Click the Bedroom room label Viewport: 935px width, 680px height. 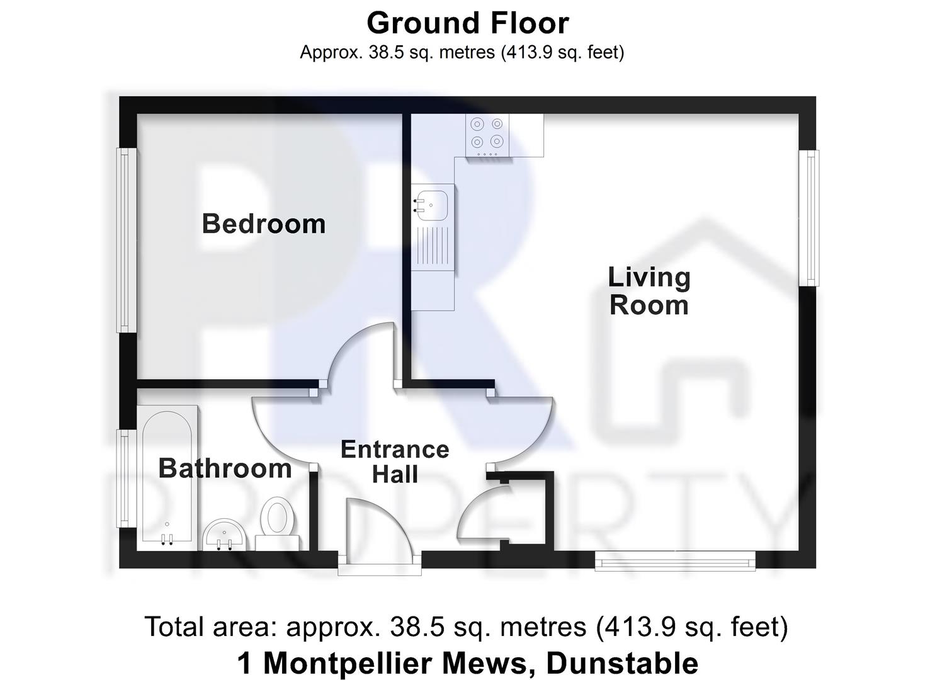coord(263,224)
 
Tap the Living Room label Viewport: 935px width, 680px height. coord(649,291)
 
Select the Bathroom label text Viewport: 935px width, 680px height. coord(225,468)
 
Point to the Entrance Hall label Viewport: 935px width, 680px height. coord(395,462)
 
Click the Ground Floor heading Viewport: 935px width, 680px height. coord(467,24)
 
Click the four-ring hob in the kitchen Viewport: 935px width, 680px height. coord(487,134)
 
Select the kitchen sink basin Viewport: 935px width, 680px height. coord(432,203)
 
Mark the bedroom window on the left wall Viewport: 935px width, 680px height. coord(127,240)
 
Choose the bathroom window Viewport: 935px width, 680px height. coord(127,479)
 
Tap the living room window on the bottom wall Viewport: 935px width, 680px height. coord(676,560)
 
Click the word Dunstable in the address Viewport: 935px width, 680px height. coord(622,664)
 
